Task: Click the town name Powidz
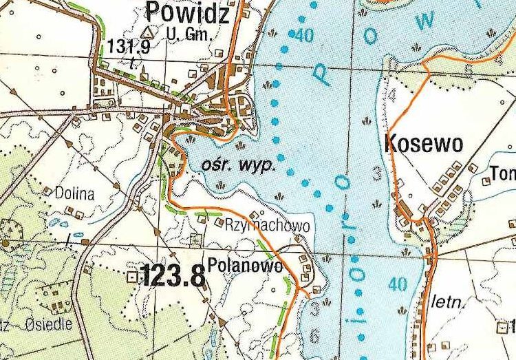coord(187,12)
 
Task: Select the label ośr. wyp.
coord(239,165)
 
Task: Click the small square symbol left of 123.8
coord(132,277)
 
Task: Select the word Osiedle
coord(47,326)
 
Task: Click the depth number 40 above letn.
coord(397,283)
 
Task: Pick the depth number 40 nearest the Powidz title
coord(303,36)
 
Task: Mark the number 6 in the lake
coord(314,335)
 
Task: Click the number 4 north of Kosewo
coord(392,95)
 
